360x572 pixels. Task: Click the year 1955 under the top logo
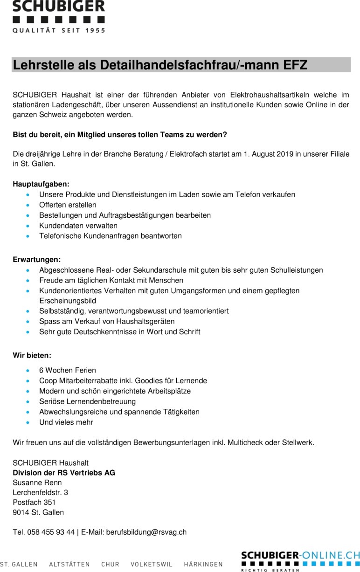(x=94, y=30)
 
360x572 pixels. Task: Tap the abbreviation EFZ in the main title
(x=296, y=65)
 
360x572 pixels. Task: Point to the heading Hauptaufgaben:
(x=41, y=184)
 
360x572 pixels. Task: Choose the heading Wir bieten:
(x=32, y=356)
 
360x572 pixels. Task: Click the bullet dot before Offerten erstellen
(x=29, y=205)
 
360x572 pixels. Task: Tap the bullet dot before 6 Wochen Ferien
(x=29, y=371)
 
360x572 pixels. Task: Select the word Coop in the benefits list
(x=48, y=381)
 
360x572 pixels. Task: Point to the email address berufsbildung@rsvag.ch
(x=146, y=532)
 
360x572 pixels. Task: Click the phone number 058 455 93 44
(x=51, y=532)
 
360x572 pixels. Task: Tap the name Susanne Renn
(x=37, y=482)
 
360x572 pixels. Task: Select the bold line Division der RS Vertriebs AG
(x=64, y=473)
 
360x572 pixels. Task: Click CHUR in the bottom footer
(x=110, y=564)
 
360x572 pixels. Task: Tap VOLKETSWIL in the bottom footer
(x=152, y=564)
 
